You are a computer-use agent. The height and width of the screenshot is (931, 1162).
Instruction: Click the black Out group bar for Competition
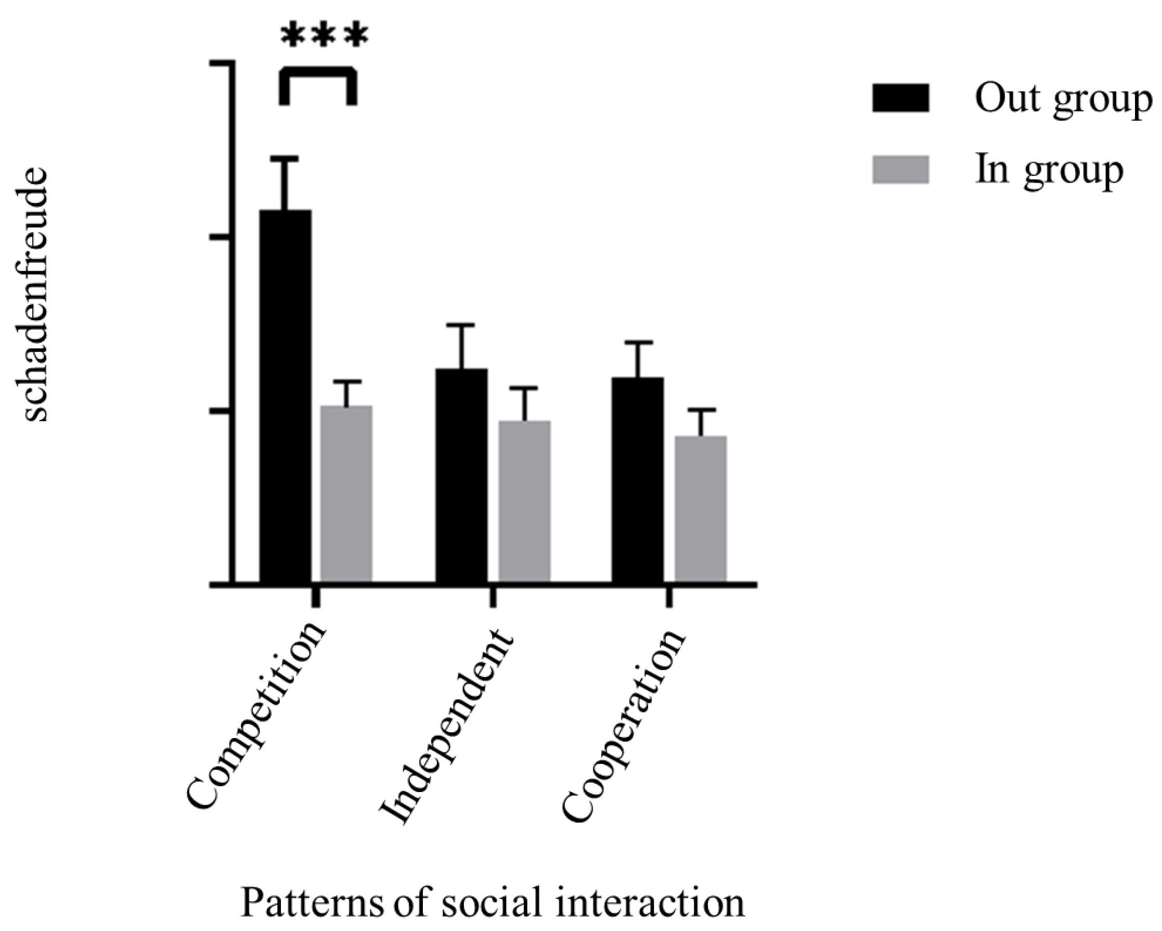pyautogui.click(x=286, y=396)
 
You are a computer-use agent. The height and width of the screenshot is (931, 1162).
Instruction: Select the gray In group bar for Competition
pyautogui.click(x=346, y=493)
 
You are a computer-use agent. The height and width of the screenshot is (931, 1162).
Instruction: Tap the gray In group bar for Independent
pyautogui.click(x=524, y=501)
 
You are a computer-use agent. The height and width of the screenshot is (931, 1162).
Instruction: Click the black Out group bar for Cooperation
pyautogui.click(x=638, y=480)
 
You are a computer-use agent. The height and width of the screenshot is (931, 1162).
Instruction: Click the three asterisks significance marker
pyautogui.click(x=325, y=36)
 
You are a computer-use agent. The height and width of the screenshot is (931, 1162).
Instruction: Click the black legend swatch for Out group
pyautogui.click(x=900, y=98)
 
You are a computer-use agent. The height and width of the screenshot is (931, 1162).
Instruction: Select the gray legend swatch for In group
pyautogui.click(x=900, y=170)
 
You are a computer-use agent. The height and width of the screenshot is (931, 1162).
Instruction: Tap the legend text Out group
pyautogui.click(x=1062, y=99)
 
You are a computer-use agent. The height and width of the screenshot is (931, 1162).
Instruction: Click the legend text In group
pyautogui.click(x=1049, y=171)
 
